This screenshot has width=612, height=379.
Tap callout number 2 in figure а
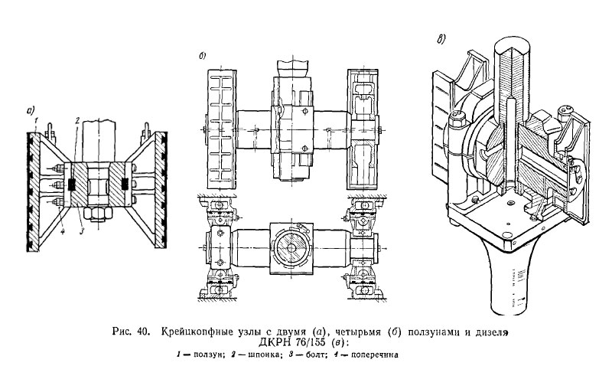(76, 121)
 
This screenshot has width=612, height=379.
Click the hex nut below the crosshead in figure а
(96, 211)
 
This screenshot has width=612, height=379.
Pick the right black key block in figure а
(125, 185)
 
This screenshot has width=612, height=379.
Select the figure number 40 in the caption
(145, 333)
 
